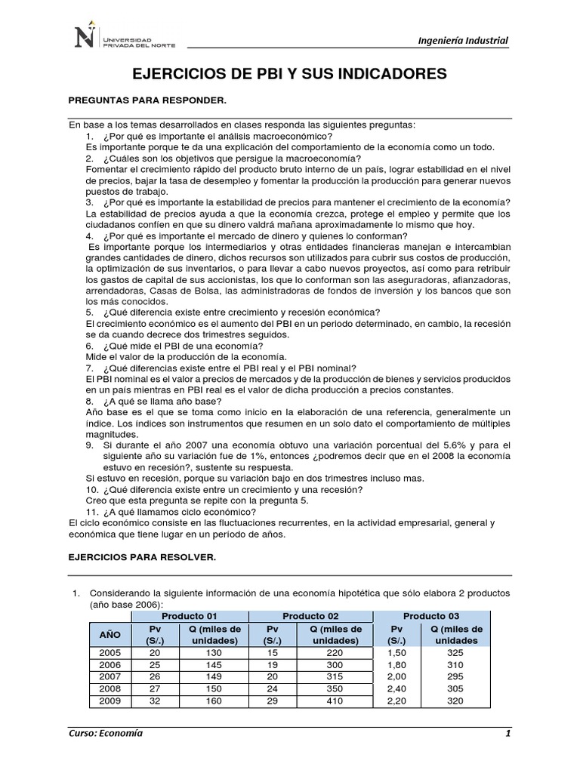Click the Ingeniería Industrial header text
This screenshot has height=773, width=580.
click(462, 41)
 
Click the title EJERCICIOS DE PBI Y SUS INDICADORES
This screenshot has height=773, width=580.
click(290, 74)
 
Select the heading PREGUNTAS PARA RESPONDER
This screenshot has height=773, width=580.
click(147, 100)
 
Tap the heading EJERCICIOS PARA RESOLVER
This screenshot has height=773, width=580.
click(142, 556)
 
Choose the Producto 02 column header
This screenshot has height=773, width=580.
click(310, 616)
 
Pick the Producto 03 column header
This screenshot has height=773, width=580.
click(430, 616)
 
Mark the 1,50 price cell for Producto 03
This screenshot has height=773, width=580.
click(396, 653)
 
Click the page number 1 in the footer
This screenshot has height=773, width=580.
click(508, 734)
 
